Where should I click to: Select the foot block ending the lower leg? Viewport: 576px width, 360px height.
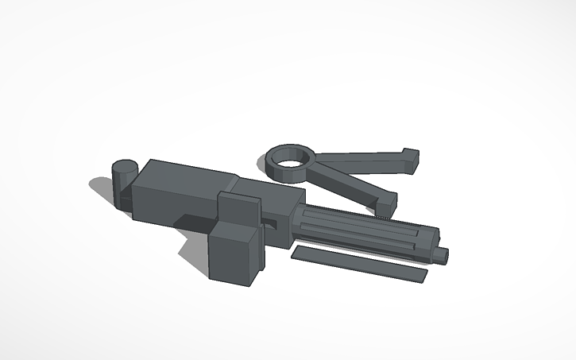[386, 203]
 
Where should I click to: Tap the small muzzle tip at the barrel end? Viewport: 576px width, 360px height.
[443, 254]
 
